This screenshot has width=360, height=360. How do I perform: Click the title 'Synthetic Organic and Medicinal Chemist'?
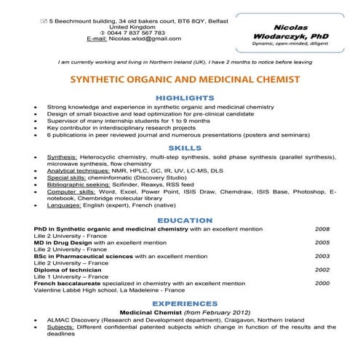pos(180,79)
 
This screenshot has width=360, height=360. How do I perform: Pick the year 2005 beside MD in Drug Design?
pos(321,242)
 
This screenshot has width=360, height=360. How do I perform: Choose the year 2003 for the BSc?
pos(321,256)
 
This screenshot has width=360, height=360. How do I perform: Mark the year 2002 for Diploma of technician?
pos(321,269)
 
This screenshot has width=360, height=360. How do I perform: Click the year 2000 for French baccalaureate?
pos(321,283)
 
